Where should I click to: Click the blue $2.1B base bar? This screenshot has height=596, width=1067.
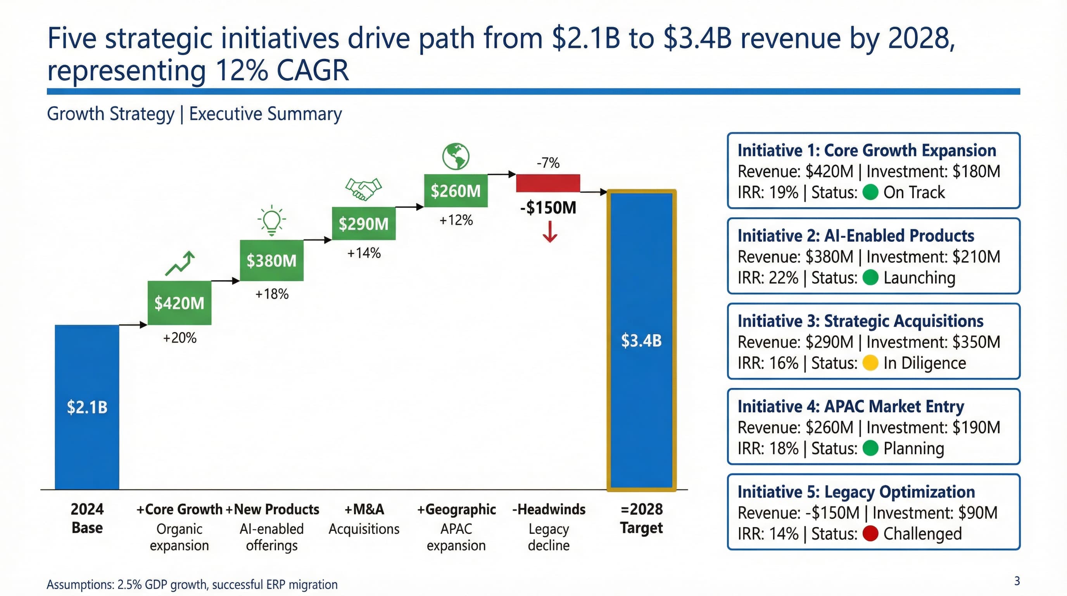coord(87,407)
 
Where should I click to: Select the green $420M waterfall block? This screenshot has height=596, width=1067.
coord(180,303)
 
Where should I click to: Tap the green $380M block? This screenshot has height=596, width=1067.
coord(272,260)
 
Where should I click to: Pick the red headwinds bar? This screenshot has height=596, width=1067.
coord(547,183)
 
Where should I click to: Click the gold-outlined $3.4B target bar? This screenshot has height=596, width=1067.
coord(641,340)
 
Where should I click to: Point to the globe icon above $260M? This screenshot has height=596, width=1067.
coord(456,156)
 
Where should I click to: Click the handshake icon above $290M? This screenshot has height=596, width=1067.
coord(363,189)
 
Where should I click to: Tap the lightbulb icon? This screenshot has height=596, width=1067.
coord(272,220)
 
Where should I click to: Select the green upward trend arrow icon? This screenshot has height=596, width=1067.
coord(180,263)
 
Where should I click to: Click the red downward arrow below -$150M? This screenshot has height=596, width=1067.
coord(550,232)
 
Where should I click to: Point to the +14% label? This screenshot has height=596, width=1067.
coord(364,253)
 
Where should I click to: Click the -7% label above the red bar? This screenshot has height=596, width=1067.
coord(547,163)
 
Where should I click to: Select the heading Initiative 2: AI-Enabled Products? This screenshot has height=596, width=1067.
coord(855,236)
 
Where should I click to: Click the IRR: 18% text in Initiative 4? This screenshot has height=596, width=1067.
coord(768,449)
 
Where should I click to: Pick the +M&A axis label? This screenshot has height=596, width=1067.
coord(364,509)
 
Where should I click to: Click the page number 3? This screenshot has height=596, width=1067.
coord(1017,581)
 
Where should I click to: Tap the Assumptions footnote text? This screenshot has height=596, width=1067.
coord(192,584)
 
